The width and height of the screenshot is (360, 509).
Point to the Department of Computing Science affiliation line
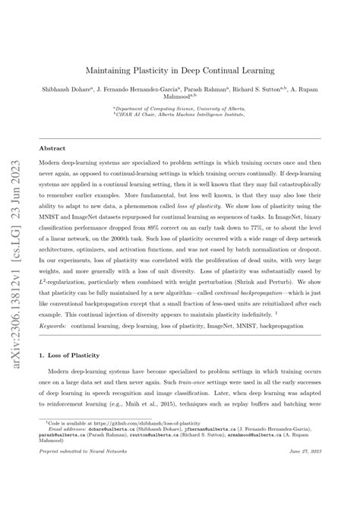[180, 109]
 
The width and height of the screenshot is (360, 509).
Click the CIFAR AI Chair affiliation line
[180, 116]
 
